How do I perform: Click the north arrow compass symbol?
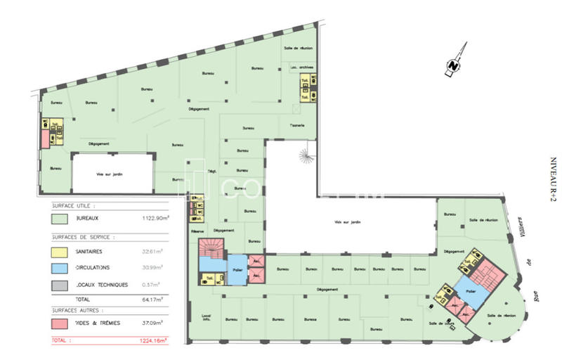[454, 63]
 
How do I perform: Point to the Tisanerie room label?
[296, 126]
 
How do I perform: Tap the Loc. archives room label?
[302, 67]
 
